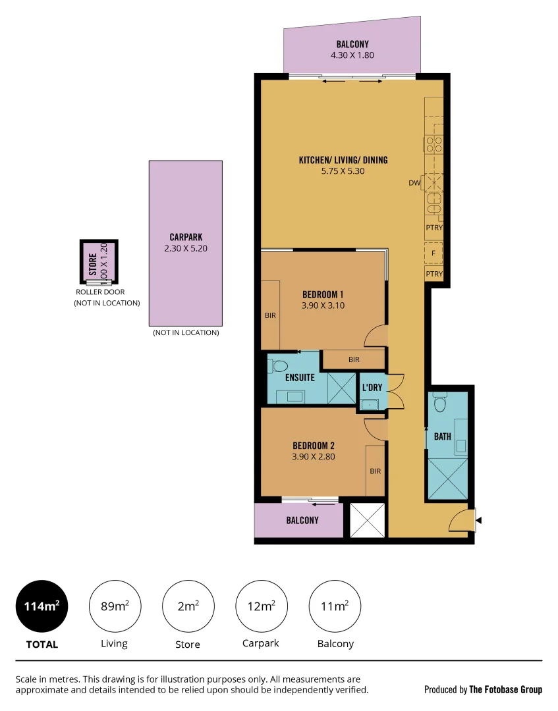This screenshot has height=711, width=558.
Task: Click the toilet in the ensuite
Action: coord(279,366)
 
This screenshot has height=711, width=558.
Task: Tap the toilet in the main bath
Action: coord(440,402)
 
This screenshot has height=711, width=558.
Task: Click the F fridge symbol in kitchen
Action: coord(433,253)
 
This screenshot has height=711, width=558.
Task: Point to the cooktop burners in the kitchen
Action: coord(433,144)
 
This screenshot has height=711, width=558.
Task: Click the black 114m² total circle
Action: coord(42,606)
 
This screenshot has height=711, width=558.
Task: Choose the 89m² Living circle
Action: coord(114,606)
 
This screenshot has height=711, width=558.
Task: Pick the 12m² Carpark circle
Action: coord(262,606)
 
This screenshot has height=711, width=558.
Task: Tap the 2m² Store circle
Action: coord(188,606)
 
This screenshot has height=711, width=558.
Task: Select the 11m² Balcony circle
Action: coord(335,606)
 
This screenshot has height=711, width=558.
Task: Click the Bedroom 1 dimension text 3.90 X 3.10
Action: coord(323,305)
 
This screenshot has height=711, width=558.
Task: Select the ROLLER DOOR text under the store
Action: coord(100,292)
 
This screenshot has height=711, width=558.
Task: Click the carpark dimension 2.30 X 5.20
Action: coord(185,249)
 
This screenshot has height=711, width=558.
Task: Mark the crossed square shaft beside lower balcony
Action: coord(367,520)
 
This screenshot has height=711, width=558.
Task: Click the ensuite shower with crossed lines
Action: coord(341,388)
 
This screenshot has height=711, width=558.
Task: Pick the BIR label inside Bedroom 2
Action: coord(375,471)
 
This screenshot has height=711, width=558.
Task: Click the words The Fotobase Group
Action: coord(505,689)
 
